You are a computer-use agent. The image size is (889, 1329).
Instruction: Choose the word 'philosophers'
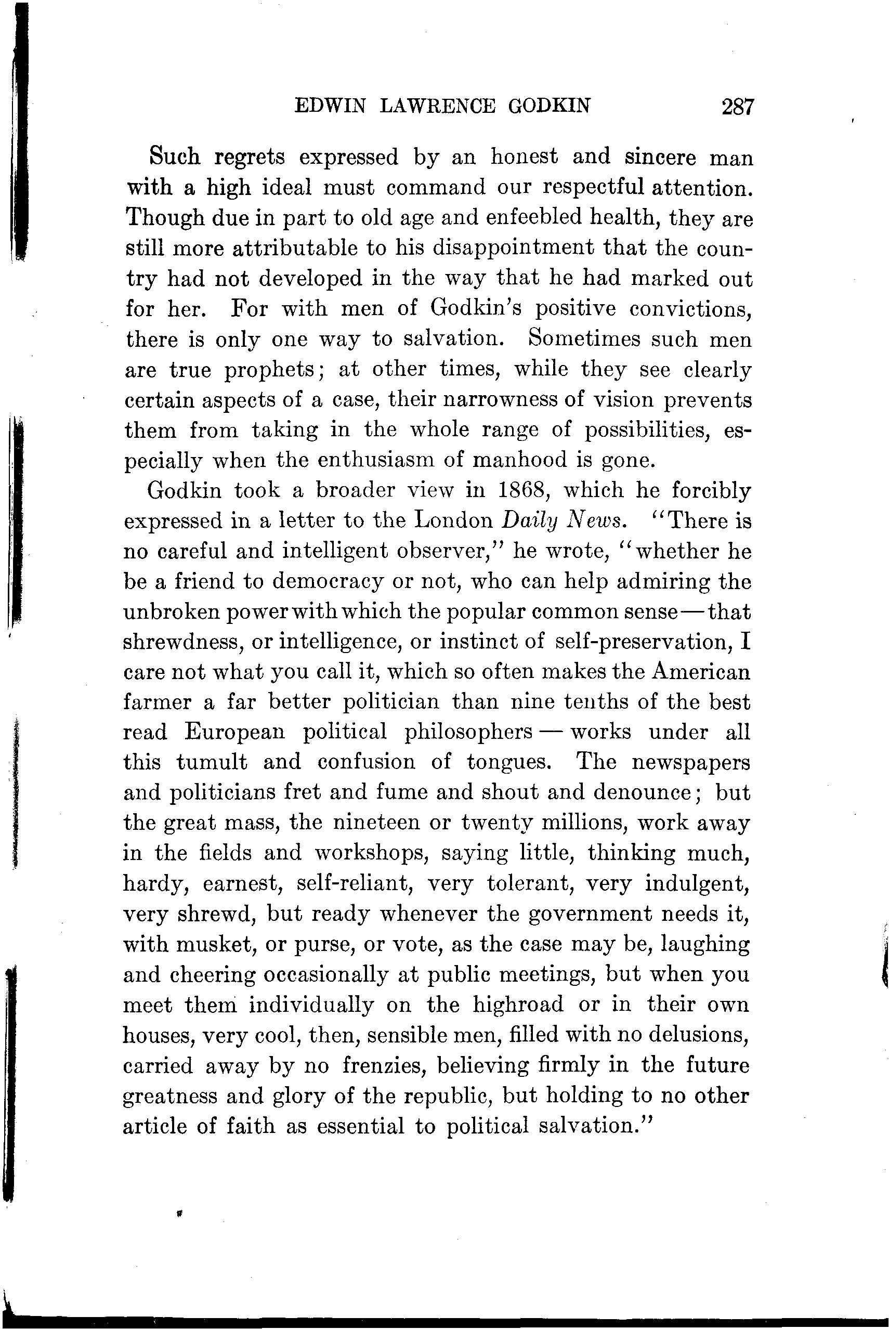pyautogui.click(x=468, y=733)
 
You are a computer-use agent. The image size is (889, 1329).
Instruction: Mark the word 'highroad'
pyautogui.click(x=518, y=1005)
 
